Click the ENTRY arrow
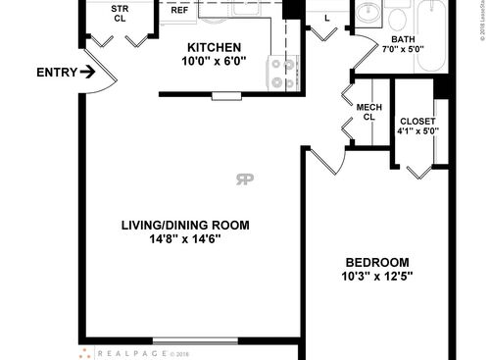pyautogui.click(x=87, y=72)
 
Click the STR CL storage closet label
pyautogui.click(x=119, y=12)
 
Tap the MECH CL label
pyautogui.click(x=368, y=112)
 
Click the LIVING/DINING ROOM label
pyautogui.click(x=185, y=225)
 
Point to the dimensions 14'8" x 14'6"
pyautogui.click(x=185, y=238)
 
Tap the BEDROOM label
pyautogui.click(x=376, y=262)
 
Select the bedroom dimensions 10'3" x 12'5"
pyautogui.click(x=376, y=276)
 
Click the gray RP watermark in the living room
pyautogui.click(x=244, y=178)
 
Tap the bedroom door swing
pyautogui.click(x=325, y=161)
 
